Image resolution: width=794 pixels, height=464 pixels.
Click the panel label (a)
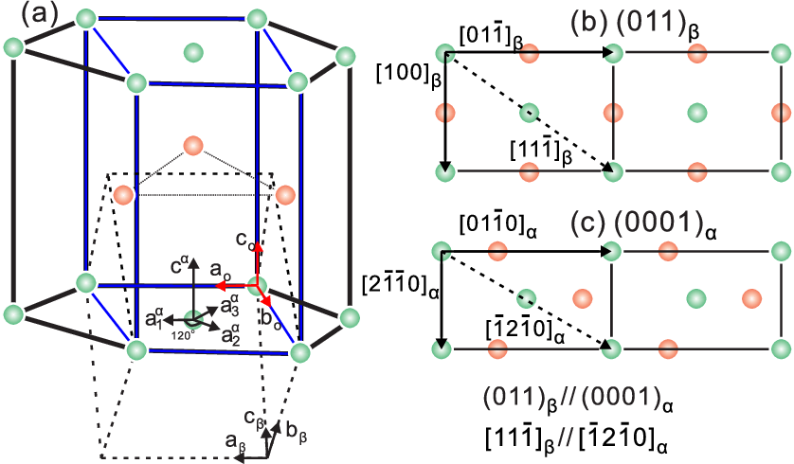[x=40, y=15]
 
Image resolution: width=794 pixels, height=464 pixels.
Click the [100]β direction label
[x=408, y=75]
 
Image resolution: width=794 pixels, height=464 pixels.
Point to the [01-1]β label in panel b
[x=491, y=37]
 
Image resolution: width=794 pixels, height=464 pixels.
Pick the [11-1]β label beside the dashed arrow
[x=541, y=151]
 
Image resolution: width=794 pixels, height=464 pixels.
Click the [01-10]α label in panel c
[x=497, y=224]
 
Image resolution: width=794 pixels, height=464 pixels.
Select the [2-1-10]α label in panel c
[x=400, y=287]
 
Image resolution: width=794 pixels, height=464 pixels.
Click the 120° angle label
[x=182, y=335]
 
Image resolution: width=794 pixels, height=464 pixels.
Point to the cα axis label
[x=179, y=265]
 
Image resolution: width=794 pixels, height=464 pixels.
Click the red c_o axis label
[x=245, y=240]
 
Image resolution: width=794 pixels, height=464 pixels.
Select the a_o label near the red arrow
[x=220, y=271]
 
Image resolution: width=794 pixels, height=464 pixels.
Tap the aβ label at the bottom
[x=236, y=442]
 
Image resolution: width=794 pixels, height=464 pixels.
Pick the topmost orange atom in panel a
[x=193, y=146]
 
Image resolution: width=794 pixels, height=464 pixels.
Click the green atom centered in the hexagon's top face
[x=193, y=52]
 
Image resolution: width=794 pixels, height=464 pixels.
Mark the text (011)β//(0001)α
[x=578, y=401]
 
